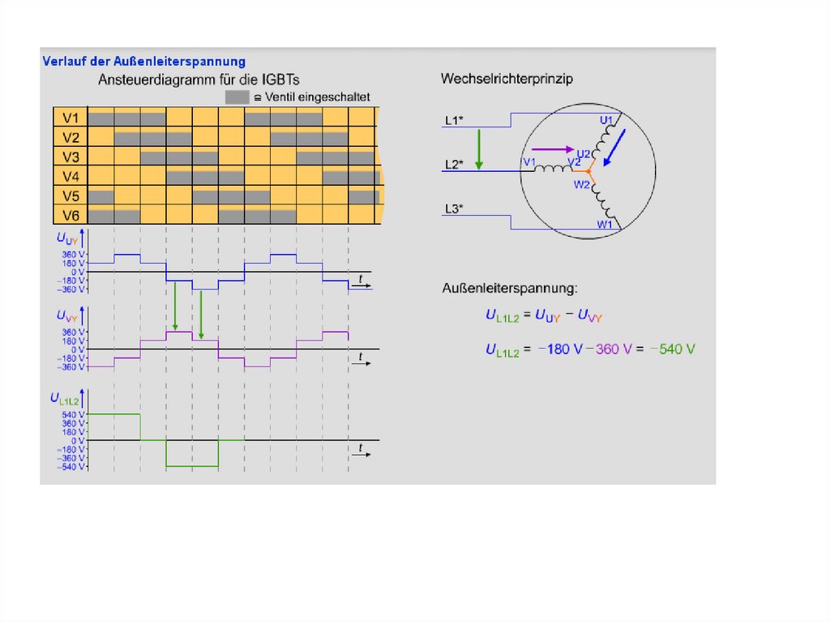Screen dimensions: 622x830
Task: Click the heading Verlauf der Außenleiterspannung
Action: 143,61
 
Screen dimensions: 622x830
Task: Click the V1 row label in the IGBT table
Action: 70,118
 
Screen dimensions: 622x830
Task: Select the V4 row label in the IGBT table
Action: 70,176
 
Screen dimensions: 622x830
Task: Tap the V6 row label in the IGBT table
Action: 70,215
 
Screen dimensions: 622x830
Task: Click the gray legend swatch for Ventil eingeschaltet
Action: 237,97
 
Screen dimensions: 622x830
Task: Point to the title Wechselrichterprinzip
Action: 507,79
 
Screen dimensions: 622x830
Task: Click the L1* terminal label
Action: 454,121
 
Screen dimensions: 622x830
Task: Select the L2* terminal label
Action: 454,165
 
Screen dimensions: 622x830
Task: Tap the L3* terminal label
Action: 454,209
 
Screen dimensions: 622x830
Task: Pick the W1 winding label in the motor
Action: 605,224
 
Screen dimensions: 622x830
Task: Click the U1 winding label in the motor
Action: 606,120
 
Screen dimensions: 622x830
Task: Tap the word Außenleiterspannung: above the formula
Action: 510,288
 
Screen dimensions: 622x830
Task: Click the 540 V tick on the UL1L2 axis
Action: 73,414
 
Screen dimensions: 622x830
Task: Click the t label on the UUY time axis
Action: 361,279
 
